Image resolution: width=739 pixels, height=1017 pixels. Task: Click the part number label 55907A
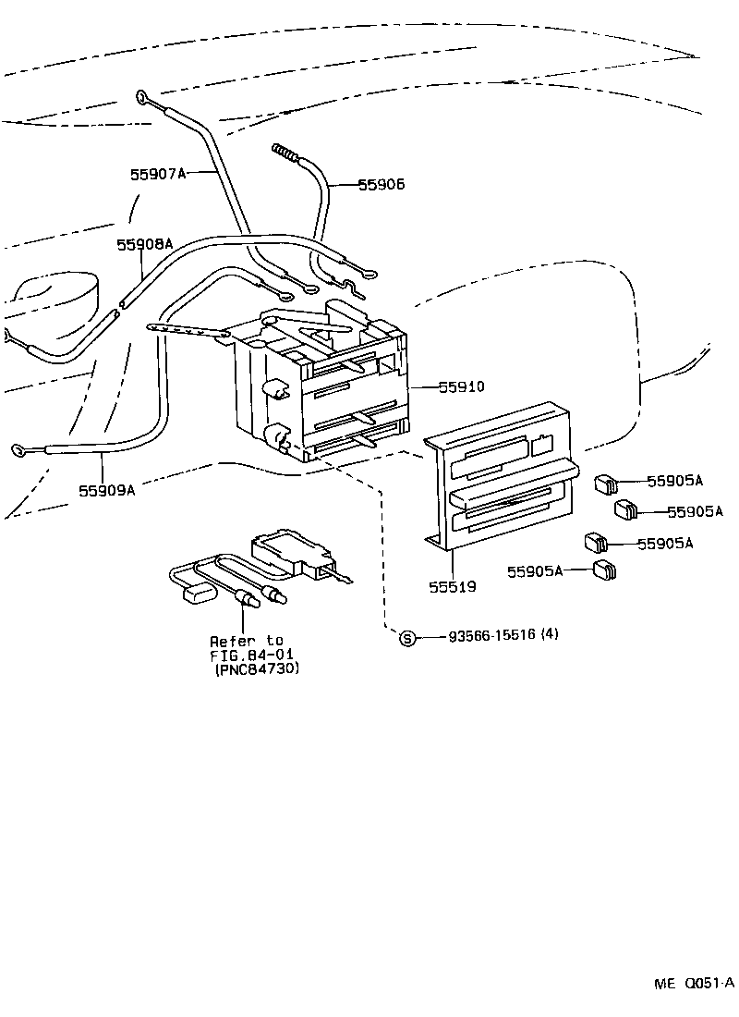pos(158,173)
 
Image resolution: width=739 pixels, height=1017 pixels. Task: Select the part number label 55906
pos(381,185)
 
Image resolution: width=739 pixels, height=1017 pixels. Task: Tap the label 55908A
pos(144,244)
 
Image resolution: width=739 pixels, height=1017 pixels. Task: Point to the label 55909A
pos(106,490)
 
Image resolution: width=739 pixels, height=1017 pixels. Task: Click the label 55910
pos(462,387)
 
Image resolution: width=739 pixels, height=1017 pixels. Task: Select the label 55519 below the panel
pos(453,586)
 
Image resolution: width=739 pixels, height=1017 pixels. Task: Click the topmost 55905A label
pos(674,481)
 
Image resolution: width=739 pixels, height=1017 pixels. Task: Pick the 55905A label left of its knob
pos(534,572)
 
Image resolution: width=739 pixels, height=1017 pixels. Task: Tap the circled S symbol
pos(407,637)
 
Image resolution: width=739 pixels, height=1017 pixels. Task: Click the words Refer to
pos(247,641)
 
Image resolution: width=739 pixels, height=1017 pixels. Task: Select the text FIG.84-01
pos(247,655)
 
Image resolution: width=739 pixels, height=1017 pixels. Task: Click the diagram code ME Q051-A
pos(695,984)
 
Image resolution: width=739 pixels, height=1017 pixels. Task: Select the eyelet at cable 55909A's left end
pos(18,450)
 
